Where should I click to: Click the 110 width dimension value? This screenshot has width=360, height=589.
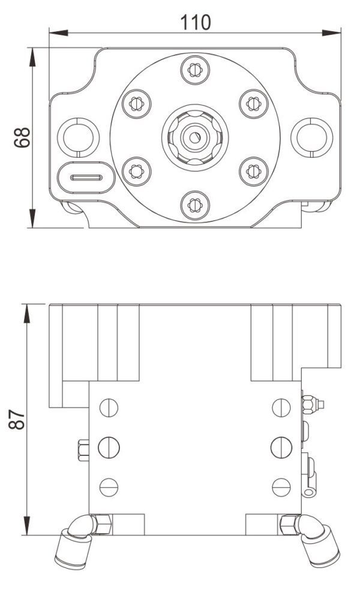[196, 22]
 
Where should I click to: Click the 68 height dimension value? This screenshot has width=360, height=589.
[22, 137]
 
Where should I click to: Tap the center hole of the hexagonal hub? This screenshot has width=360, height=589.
[194, 137]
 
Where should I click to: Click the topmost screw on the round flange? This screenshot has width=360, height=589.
[194, 70]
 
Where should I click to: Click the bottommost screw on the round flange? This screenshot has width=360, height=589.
[194, 205]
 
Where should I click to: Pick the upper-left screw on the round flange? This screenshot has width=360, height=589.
[136, 104]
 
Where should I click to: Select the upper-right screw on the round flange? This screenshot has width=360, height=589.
[253, 104]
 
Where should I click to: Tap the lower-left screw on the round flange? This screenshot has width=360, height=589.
[136, 171]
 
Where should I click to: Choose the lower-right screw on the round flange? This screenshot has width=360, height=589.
[253, 171]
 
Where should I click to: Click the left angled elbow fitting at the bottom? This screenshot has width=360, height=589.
[74, 542]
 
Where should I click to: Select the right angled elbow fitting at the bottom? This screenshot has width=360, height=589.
[314, 542]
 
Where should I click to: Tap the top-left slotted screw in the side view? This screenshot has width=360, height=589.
[109, 407]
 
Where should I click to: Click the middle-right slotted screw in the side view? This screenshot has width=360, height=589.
[281, 446]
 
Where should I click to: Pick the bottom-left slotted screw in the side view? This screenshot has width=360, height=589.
[109, 485]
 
